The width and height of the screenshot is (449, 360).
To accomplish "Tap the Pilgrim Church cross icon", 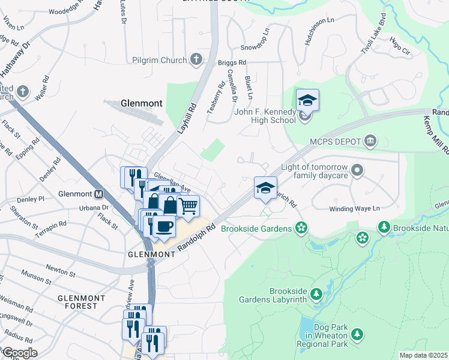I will tap(196, 59).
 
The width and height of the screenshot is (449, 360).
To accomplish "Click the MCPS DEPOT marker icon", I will tap(370, 141).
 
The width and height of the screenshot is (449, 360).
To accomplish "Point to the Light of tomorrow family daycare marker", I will tap(358, 170).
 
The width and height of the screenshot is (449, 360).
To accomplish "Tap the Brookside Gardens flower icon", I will tap(301, 228).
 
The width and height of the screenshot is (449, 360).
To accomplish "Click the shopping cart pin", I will tap(188, 206).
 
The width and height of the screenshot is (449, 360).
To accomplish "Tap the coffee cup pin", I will tap(164, 226).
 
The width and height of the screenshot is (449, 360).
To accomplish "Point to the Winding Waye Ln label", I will tap(355, 209).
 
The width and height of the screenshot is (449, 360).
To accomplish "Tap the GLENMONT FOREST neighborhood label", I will tap(81, 302).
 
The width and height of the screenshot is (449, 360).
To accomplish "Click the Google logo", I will tap(19, 353).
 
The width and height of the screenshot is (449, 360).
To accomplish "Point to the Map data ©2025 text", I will tap(424, 355).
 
